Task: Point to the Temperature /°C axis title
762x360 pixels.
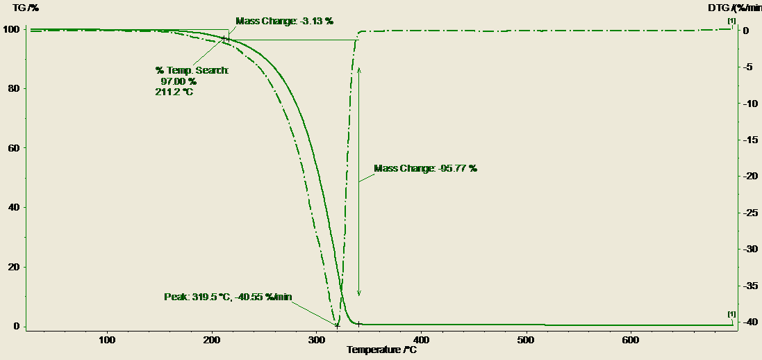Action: coord(382,350)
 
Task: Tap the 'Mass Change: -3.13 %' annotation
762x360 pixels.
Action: coord(284,21)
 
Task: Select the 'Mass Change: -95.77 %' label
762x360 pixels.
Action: coord(425,168)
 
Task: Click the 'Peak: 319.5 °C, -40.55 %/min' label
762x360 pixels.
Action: coord(228,297)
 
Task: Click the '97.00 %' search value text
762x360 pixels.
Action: coord(178,81)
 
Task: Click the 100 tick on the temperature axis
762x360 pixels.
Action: coord(107,340)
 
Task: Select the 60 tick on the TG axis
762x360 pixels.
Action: coord(13,148)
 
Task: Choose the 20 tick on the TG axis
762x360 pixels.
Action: coord(13,268)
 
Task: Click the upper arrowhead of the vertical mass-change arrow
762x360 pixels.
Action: coord(359,69)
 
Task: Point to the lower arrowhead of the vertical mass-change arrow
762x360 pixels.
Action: coord(359,294)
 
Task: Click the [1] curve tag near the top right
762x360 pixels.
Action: coord(731,22)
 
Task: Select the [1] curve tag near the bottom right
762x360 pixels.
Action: coord(731,314)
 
